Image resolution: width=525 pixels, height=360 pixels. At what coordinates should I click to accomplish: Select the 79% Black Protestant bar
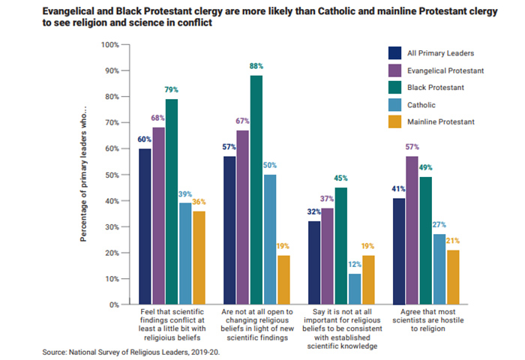pos(172,202)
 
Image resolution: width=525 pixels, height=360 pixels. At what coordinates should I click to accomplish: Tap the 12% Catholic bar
pos(354,289)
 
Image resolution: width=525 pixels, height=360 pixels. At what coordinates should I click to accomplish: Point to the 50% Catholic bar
pos(269,240)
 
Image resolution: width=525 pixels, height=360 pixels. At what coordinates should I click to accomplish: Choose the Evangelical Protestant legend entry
pos(443,70)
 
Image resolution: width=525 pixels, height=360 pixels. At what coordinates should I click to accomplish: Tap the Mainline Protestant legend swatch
pos(394,122)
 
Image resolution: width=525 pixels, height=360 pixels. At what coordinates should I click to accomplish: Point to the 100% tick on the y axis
pos(109,45)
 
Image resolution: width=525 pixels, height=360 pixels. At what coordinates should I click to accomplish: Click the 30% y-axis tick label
pos(112,227)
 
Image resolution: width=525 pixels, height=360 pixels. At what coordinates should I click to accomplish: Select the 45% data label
pos(340,178)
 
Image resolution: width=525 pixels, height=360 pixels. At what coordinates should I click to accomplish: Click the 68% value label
pos(158,118)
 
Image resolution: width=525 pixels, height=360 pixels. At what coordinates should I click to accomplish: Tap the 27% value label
pos(439,224)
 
